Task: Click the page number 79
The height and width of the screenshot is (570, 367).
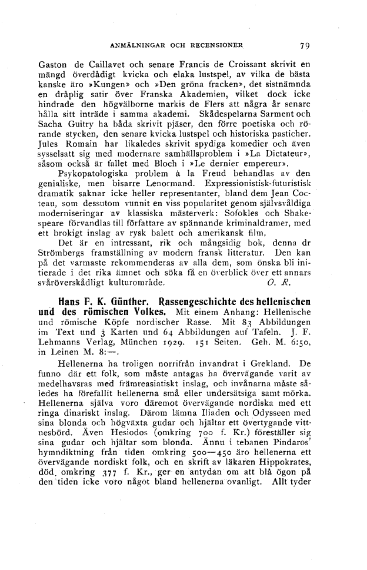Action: (x=304, y=43)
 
